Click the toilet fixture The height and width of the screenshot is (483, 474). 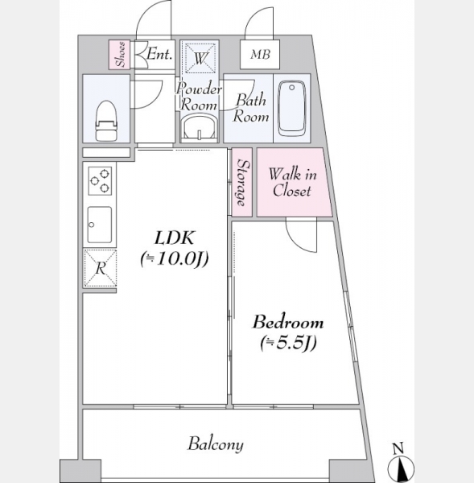(106, 121)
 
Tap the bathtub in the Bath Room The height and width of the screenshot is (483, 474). (292, 108)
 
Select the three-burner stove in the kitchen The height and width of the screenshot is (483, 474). (100, 181)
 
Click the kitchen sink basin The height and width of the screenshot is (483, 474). (100, 225)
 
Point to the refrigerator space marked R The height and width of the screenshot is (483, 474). (100, 268)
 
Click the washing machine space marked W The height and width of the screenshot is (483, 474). (200, 58)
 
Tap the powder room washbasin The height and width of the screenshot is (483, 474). (200, 127)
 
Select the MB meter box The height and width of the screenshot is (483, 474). (260, 55)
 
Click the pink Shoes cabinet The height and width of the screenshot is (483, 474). (119, 55)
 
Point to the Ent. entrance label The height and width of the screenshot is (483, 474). (159, 54)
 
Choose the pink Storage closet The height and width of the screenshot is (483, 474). (242, 183)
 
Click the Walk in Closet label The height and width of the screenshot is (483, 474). (292, 183)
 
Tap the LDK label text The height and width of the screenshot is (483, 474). (175, 237)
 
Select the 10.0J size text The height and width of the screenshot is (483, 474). (175, 258)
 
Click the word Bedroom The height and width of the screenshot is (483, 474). (288, 322)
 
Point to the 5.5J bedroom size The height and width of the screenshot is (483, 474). (289, 343)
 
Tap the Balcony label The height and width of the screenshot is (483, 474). (216, 444)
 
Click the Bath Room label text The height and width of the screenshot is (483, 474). (251, 109)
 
